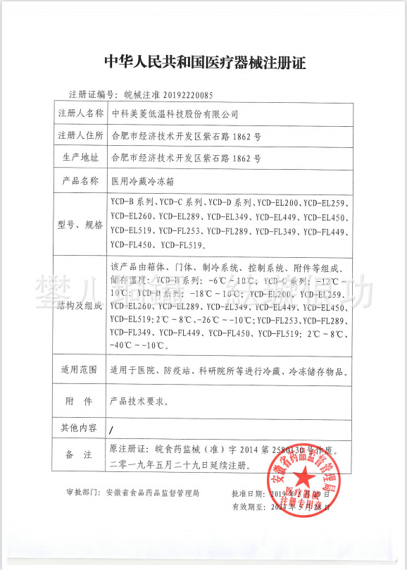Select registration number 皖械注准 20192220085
point(168,93)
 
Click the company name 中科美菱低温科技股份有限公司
point(175,113)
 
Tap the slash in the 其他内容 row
point(112,428)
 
